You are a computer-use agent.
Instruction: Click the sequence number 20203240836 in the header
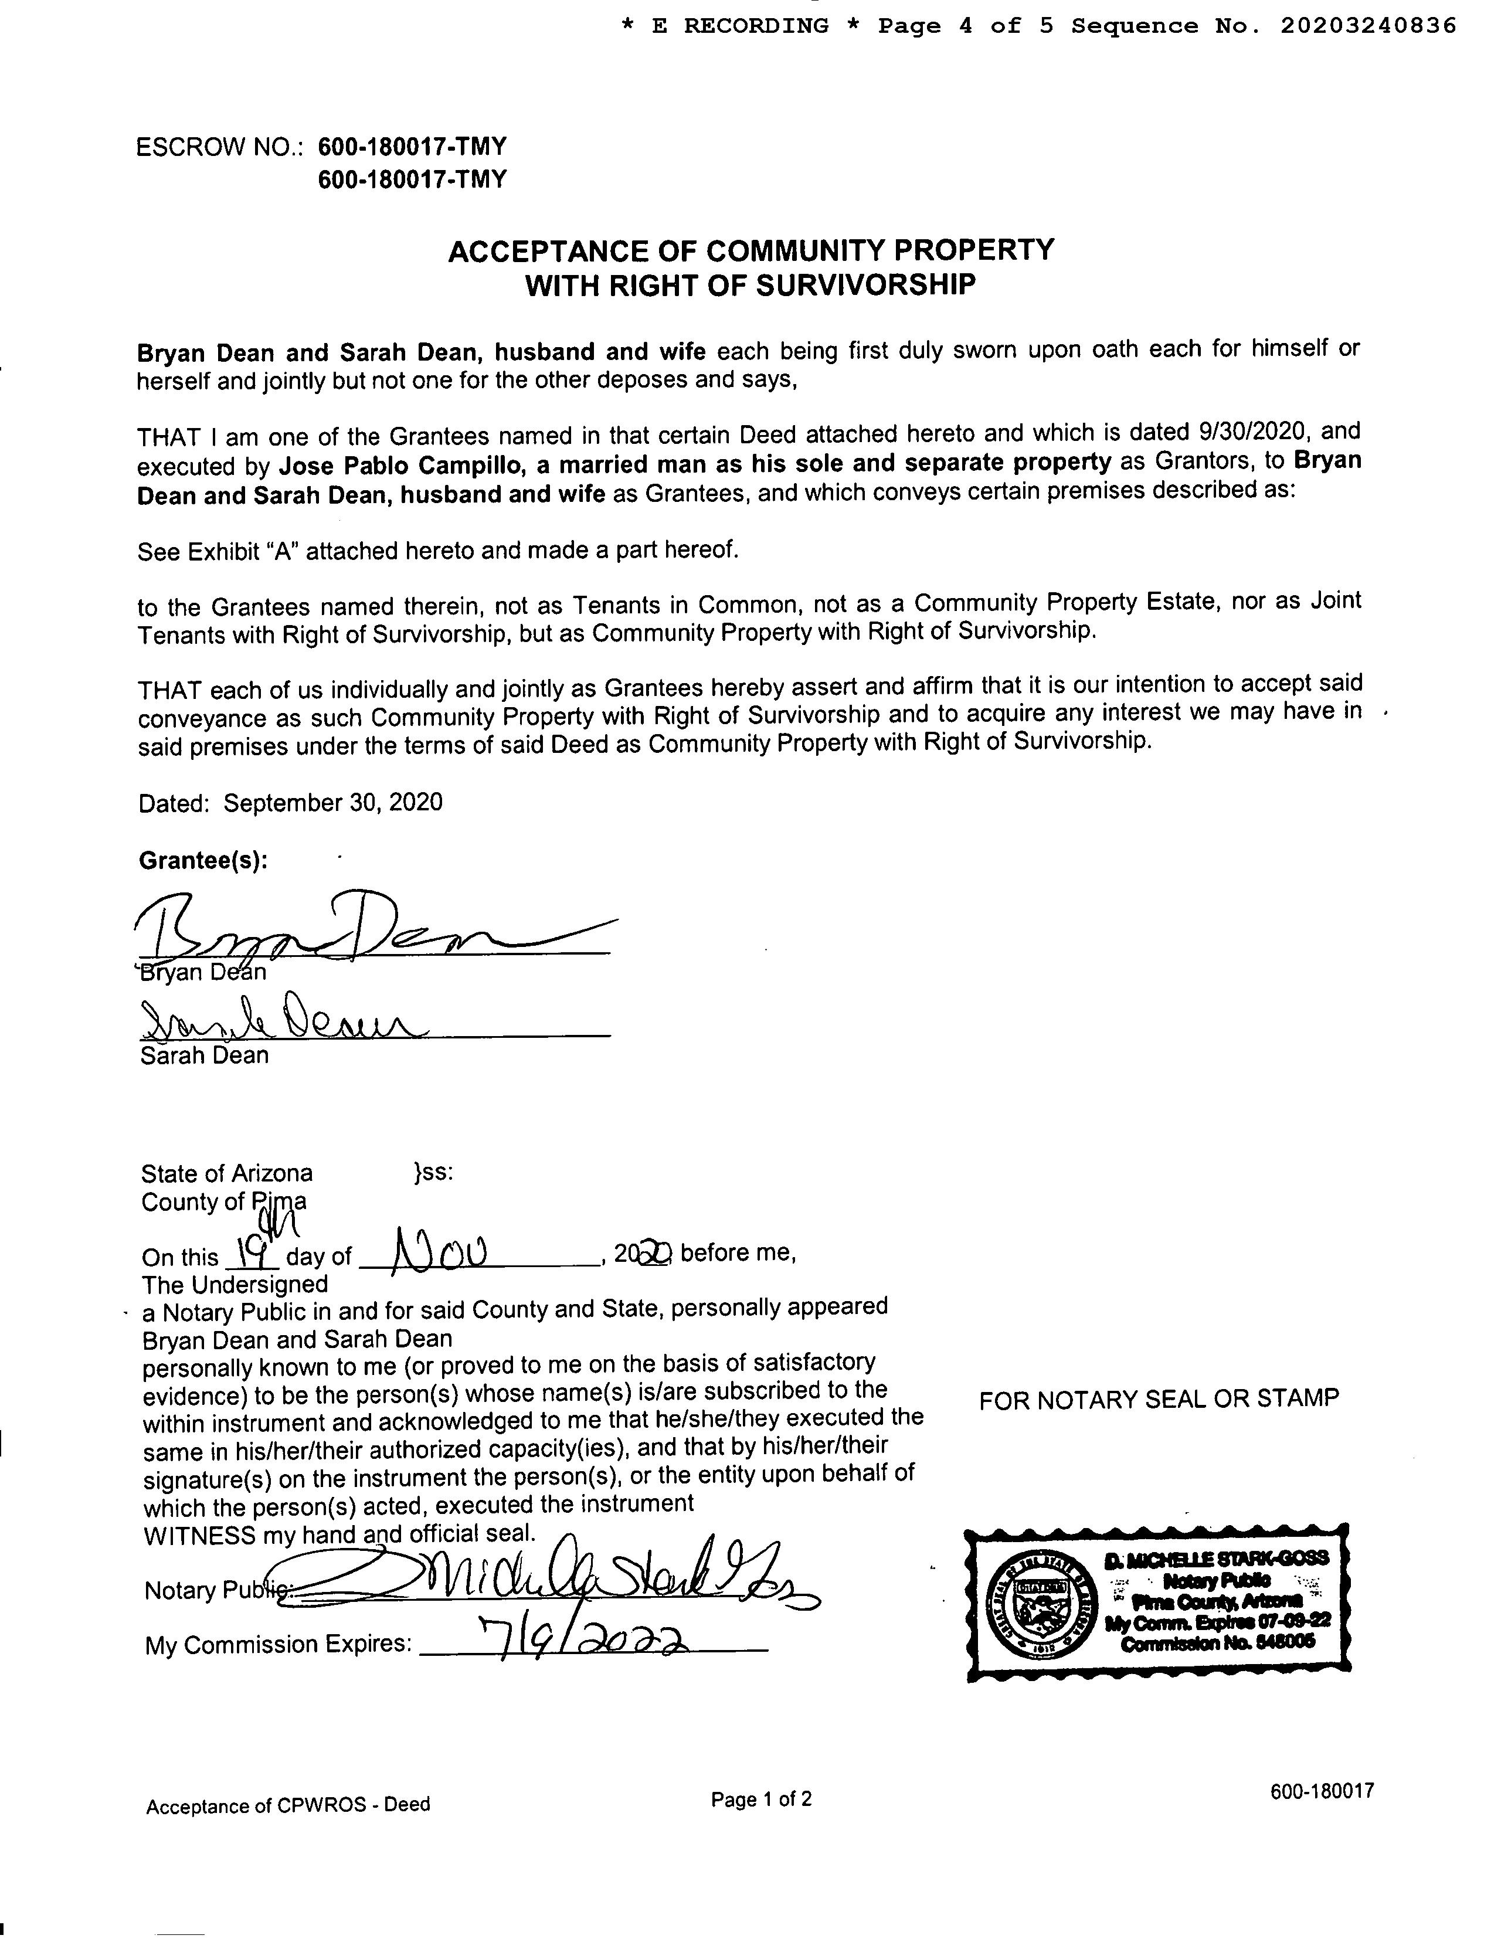click(x=1368, y=26)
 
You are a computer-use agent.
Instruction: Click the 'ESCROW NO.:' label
click(x=220, y=147)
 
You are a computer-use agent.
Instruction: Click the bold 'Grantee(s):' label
click(x=203, y=861)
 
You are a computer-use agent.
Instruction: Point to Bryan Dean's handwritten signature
click(x=356, y=929)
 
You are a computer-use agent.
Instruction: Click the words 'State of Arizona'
click(x=227, y=1174)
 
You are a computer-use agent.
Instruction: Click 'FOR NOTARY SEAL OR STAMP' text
click(x=1159, y=1400)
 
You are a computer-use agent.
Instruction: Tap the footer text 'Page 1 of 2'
click(x=761, y=1800)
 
